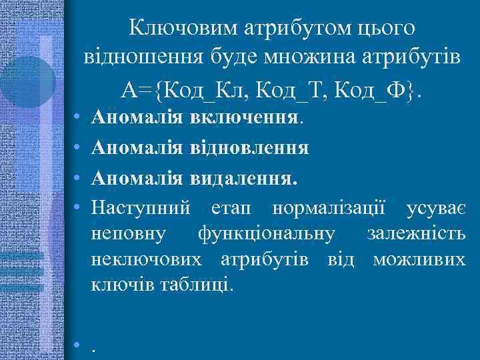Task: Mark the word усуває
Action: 436,208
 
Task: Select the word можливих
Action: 419,260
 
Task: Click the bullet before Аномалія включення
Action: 78,119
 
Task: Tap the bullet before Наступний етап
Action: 78,208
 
